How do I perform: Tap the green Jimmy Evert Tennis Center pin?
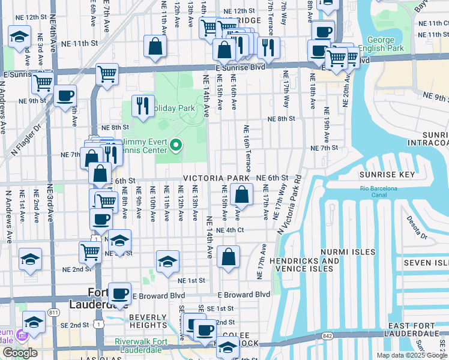(176, 145)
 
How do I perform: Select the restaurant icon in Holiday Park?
(143, 105)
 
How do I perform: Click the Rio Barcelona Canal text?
(379, 188)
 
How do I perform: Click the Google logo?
(20, 353)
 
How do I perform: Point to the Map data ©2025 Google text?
(411, 355)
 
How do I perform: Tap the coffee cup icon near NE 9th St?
(65, 95)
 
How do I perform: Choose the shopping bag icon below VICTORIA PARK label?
(241, 194)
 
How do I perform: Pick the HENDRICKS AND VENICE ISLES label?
(304, 265)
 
